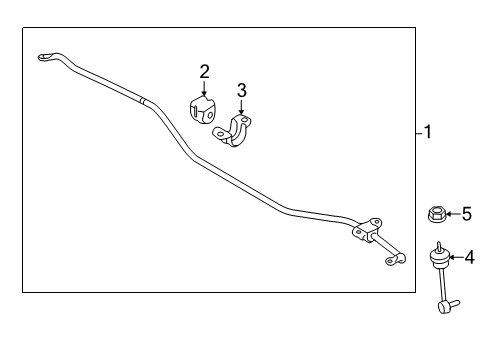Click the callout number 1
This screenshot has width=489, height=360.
click(x=428, y=132)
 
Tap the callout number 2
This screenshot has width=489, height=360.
click(x=204, y=71)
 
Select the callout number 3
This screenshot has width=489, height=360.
click(x=241, y=92)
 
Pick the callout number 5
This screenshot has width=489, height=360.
click(x=466, y=213)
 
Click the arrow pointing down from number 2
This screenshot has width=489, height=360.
click(x=204, y=88)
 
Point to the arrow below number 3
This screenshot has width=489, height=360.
click(x=241, y=109)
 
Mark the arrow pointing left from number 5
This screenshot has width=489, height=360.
click(x=453, y=213)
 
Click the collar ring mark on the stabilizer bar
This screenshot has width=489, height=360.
click(x=145, y=100)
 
